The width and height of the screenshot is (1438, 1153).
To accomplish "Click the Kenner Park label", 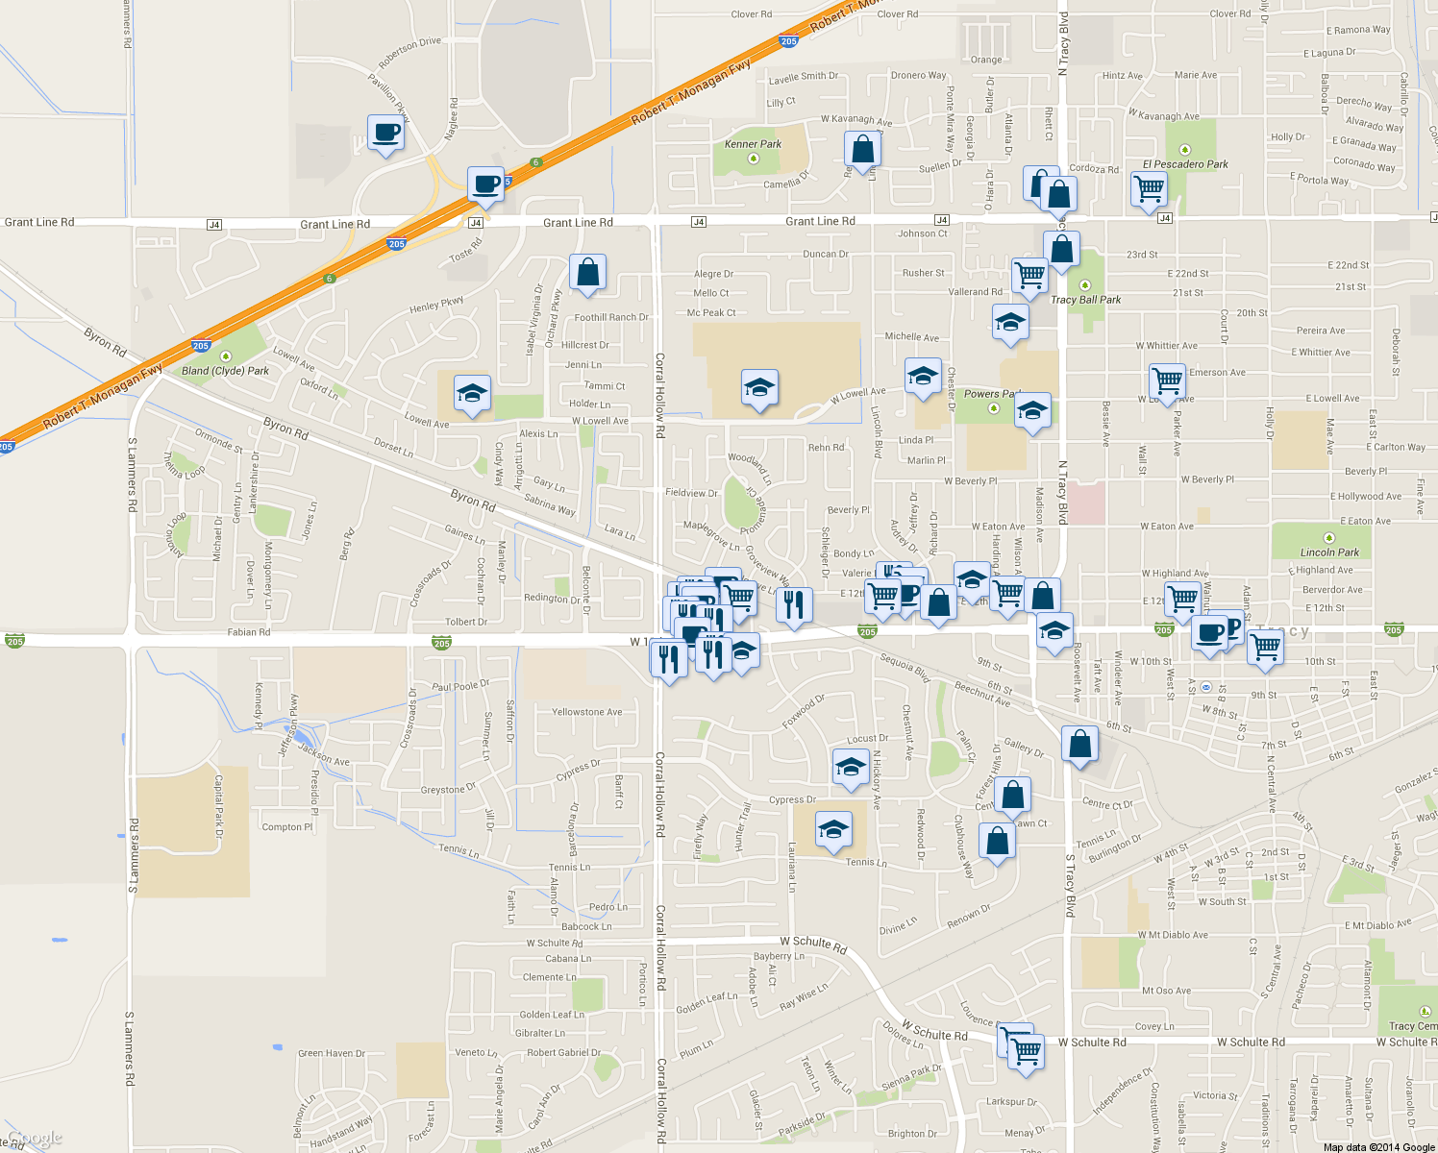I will [x=753, y=144].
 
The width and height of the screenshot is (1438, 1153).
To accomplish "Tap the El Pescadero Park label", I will [x=1185, y=164].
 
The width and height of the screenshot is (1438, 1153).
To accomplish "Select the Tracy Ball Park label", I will [x=1086, y=300].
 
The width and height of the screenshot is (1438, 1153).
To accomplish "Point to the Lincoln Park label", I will [x=1330, y=552].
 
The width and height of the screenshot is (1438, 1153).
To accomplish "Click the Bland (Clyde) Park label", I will [x=225, y=371].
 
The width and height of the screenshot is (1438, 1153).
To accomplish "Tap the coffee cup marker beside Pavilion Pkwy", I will [x=385, y=133].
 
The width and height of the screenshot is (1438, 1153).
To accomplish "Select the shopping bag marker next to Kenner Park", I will [x=862, y=150].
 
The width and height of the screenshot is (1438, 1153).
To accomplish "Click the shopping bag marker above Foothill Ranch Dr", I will [x=587, y=272].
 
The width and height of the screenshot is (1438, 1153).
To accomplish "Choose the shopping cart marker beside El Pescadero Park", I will [x=1149, y=188].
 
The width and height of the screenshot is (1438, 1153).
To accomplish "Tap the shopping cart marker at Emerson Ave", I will [x=1168, y=380].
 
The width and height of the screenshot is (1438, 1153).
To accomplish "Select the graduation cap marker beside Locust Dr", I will [x=851, y=768].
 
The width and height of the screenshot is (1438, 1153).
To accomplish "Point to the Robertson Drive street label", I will [x=409, y=53].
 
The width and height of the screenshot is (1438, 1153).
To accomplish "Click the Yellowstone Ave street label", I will [x=586, y=712].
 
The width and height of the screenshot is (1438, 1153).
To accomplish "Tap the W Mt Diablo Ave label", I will [x=1173, y=935].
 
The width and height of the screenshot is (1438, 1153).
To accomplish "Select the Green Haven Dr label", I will [x=332, y=1053].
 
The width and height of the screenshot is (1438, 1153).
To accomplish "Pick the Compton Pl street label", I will [x=287, y=826].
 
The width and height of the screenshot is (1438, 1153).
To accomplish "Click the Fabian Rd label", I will [x=249, y=632].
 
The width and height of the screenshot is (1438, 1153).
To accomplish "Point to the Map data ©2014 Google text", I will [x=1378, y=1147].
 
